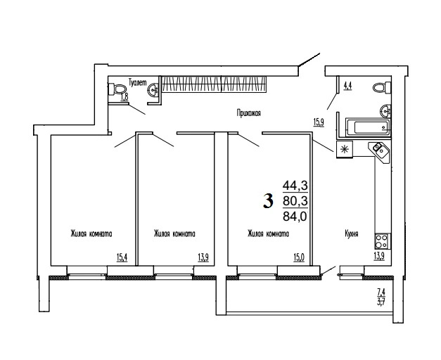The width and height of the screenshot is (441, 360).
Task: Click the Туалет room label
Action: click(x=138, y=82)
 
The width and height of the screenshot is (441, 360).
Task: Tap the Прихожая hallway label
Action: click(x=248, y=113)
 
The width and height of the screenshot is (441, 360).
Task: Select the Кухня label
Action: click(x=351, y=233)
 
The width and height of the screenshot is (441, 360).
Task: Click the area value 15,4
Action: click(x=122, y=257)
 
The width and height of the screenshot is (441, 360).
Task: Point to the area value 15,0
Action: click(x=299, y=257)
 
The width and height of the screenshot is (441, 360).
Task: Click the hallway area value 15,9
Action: click(x=319, y=122)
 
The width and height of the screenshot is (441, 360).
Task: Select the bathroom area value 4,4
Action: click(x=347, y=86)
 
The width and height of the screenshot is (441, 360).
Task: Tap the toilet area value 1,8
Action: click(x=124, y=97)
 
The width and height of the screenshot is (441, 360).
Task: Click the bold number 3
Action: click(x=268, y=201)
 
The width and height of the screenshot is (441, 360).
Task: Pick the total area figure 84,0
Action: click(x=295, y=217)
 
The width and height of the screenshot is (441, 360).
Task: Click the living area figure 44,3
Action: click(x=295, y=186)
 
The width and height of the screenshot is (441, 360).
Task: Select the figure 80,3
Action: click(x=295, y=201)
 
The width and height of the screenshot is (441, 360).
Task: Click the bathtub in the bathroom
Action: click(x=368, y=127)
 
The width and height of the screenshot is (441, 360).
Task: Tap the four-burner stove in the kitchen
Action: click(x=382, y=241)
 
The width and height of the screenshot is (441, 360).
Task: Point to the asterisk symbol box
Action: click(x=345, y=149)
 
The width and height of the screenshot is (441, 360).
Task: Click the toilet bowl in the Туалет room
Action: click(x=117, y=89)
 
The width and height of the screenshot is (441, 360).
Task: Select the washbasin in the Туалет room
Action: click(x=153, y=89)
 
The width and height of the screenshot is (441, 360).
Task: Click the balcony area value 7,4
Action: click(x=381, y=292)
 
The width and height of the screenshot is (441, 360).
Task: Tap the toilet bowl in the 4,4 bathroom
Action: click(x=382, y=87)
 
